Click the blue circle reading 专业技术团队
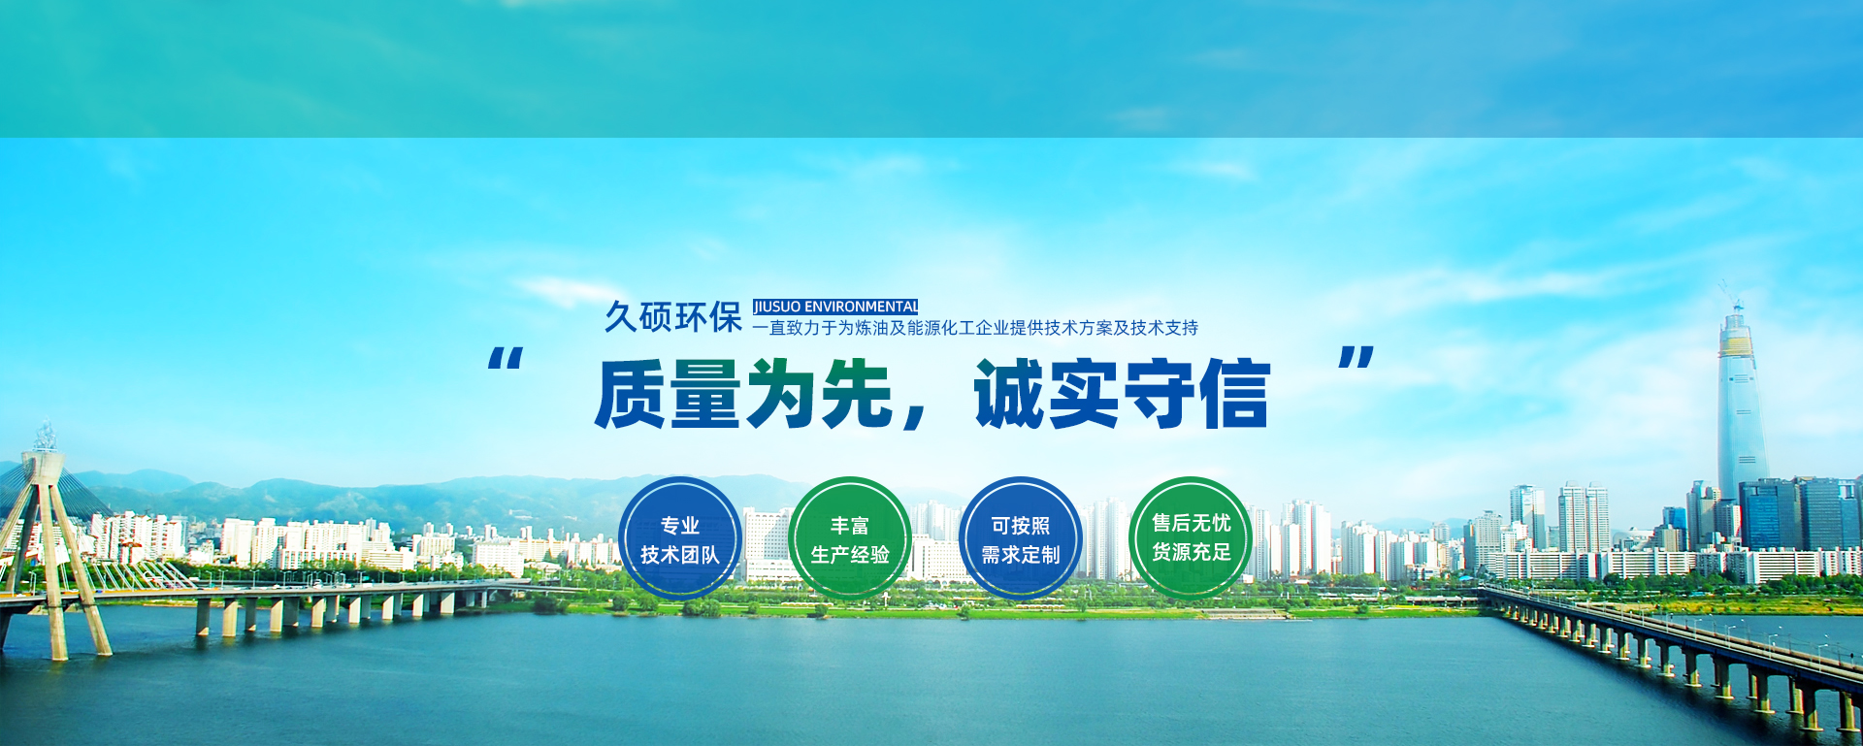point(679,538)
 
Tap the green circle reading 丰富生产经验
point(850,538)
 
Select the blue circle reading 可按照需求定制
point(1020,538)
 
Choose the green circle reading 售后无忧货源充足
point(1191,538)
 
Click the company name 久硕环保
point(673,317)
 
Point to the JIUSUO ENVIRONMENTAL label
point(835,307)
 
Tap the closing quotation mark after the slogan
point(1356,358)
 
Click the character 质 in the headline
point(631,393)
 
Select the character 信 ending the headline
point(1233,393)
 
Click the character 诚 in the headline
point(1010,393)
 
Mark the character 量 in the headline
point(705,393)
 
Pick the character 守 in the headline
point(1159,393)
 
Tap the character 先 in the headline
point(857,393)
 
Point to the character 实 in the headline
point(1085,393)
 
